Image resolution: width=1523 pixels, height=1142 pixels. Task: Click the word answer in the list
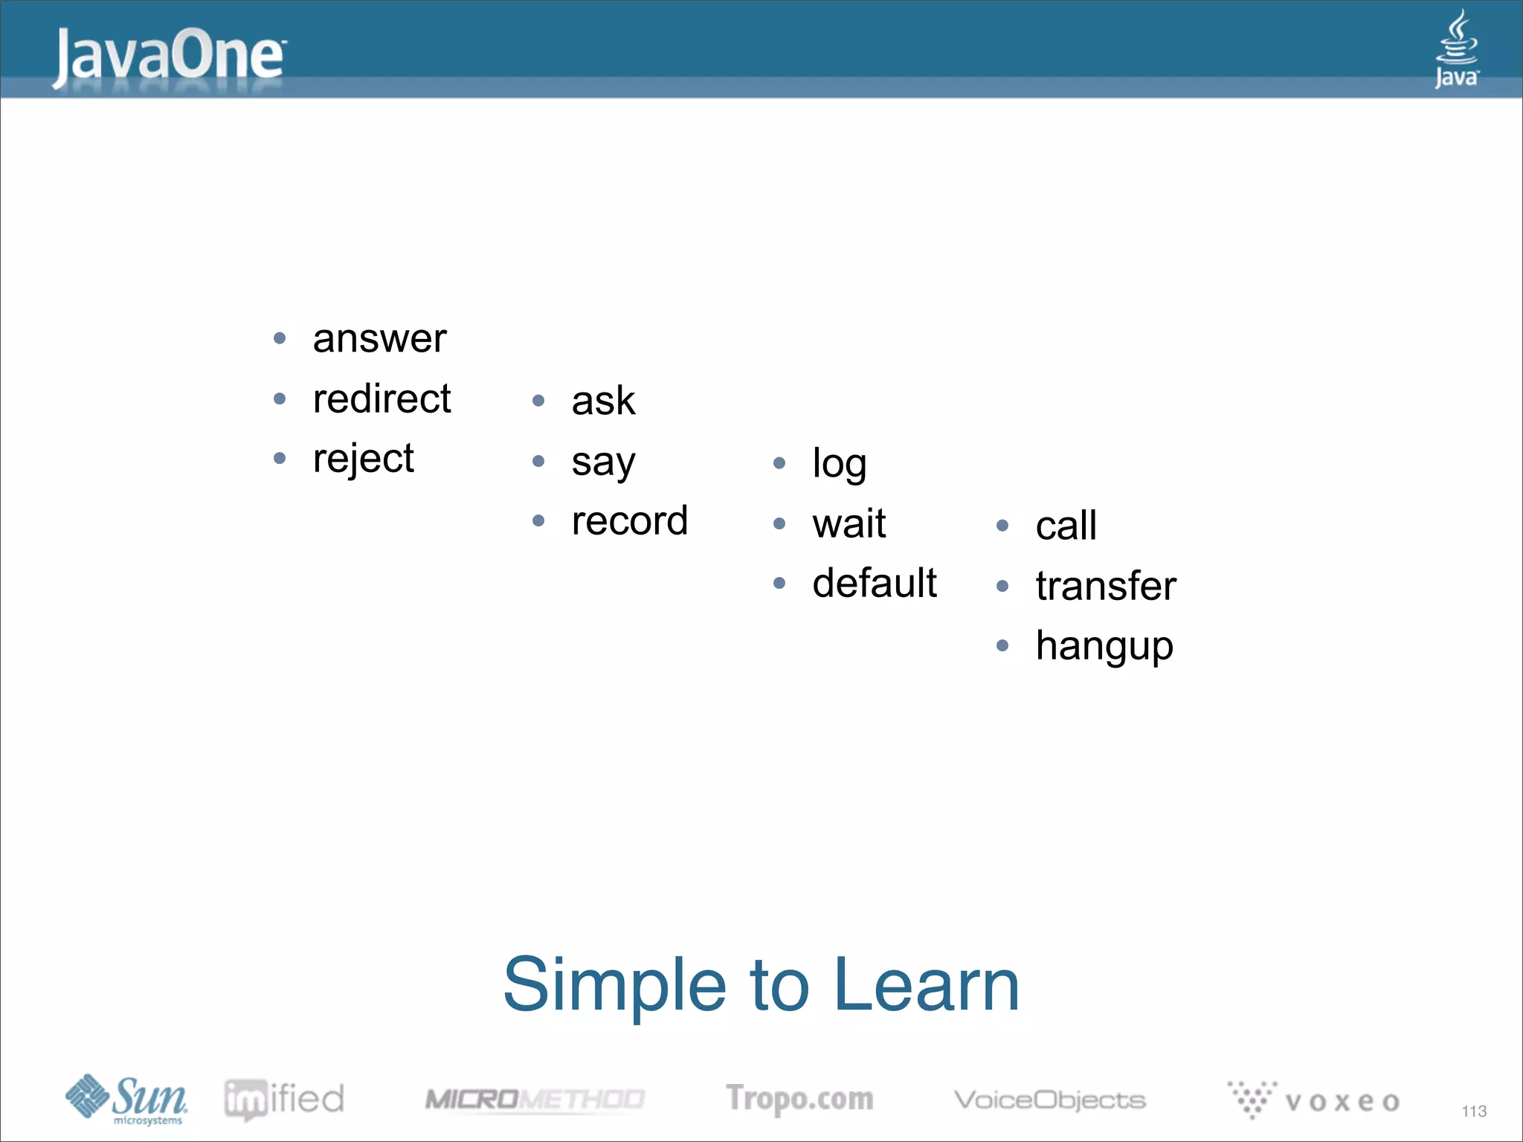pyautogui.click(x=379, y=339)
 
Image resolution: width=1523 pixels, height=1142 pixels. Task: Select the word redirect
pyautogui.click(x=381, y=399)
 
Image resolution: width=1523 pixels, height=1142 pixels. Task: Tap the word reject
pyautogui.click(x=363, y=459)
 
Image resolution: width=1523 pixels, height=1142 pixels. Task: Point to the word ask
pyautogui.click(x=603, y=401)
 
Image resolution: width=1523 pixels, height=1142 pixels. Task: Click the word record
pyautogui.click(x=629, y=521)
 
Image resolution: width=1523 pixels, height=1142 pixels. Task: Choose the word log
pyautogui.click(x=839, y=465)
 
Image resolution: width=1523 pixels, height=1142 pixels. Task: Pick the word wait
pyautogui.click(x=849, y=524)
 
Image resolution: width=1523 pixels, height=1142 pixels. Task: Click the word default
pyautogui.click(x=874, y=584)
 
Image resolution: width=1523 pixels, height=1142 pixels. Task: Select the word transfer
pyautogui.click(x=1105, y=587)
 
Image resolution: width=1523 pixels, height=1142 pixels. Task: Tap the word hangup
pyautogui.click(x=1104, y=646)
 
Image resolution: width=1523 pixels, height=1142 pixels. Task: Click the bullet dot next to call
pyautogui.click(x=1002, y=526)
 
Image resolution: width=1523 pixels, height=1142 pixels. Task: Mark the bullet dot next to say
pyautogui.click(x=539, y=462)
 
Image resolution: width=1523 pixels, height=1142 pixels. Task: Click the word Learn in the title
pyautogui.click(x=927, y=984)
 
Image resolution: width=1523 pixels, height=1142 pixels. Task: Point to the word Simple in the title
pyautogui.click(x=614, y=984)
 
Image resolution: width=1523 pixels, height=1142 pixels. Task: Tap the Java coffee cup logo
pyautogui.click(x=1456, y=48)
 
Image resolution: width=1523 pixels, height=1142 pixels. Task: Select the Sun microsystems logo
pyautogui.click(x=126, y=1099)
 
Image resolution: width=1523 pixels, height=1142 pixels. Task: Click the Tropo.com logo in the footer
pyautogui.click(x=799, y=1099)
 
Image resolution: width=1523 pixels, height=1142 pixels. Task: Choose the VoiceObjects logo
pyautogui.click(x=1049, y=1100)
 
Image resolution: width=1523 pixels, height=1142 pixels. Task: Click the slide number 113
pyautogui.click(x=1473, y=1111)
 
